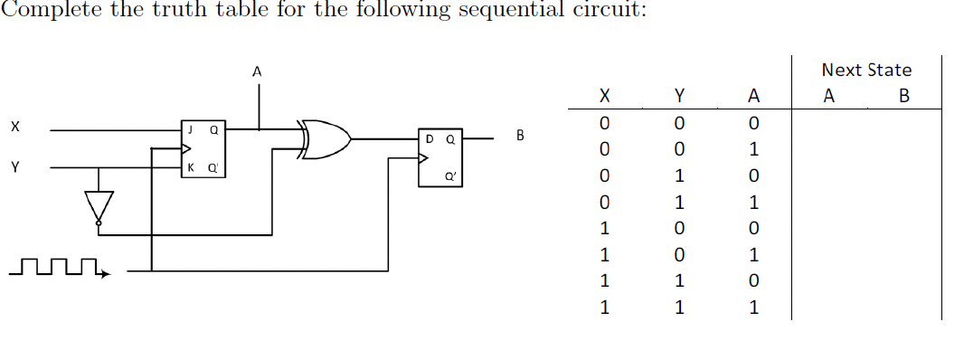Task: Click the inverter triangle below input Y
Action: [x=99, y=204]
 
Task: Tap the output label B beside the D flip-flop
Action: [x=519, y=137]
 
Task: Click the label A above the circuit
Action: [x=258, y=71]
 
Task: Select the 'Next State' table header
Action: [x=865, y=70]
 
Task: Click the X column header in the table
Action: [x=605, y=96]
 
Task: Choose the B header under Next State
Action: [x=903, y=96]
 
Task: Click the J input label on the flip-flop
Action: [x=190, y=129]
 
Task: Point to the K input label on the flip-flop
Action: [x=190, y=168]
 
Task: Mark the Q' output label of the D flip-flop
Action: [x=449, y=178]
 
